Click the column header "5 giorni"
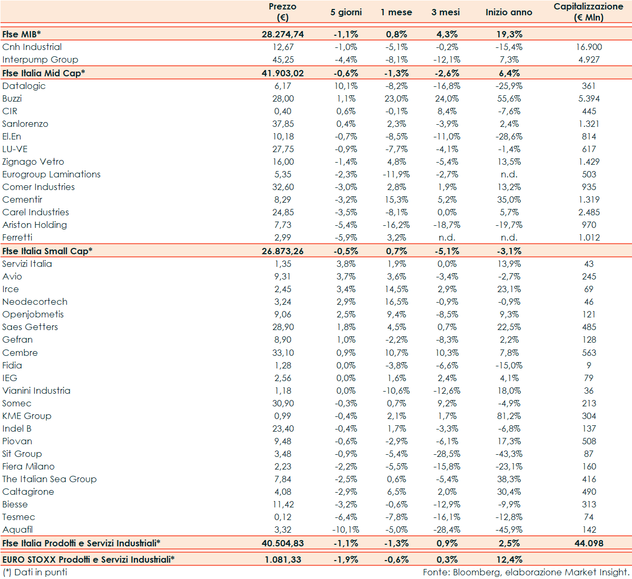[346, 12]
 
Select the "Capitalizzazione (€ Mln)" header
[588, 12]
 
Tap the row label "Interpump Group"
[40, 59]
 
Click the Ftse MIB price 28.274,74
[283, 34]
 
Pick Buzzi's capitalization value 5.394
[589, 98]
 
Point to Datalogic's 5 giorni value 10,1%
[346, 86]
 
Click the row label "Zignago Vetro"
[33, 162]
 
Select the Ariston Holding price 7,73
[283, 225]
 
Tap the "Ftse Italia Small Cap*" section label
[47, 251]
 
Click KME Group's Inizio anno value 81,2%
[509, 416]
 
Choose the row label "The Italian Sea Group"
[50, 479]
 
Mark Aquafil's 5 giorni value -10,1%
[345, 530]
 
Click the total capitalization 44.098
[589, 543]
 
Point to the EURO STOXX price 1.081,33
[283, 560]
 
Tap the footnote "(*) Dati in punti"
[35, 572]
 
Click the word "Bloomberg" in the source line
[477, 572]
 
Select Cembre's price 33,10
[283, 353]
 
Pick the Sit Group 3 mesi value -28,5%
[447, 454]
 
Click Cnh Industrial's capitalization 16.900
[589, 47]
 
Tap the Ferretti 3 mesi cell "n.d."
[447, 237]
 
